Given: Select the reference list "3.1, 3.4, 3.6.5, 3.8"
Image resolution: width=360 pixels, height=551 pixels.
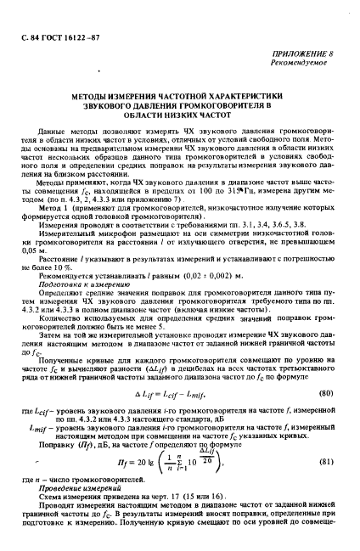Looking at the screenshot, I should [238, 227].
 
